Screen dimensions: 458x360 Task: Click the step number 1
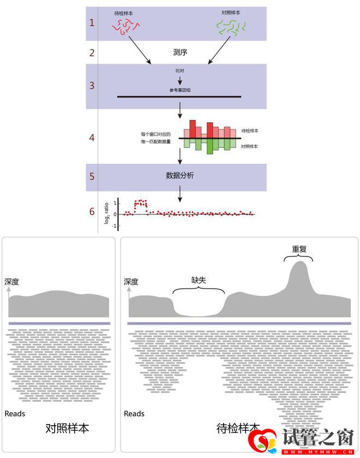[92, 23]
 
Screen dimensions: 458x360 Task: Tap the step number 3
[92, 85]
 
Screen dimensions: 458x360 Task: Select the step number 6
[92, 211]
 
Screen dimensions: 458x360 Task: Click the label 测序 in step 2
[179, 53]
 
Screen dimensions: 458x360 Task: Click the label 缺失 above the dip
[198, 279]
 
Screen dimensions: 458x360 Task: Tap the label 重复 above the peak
[299, 249]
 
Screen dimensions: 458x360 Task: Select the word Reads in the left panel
[15, 414]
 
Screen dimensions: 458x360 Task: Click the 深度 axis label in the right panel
[131, 282]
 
